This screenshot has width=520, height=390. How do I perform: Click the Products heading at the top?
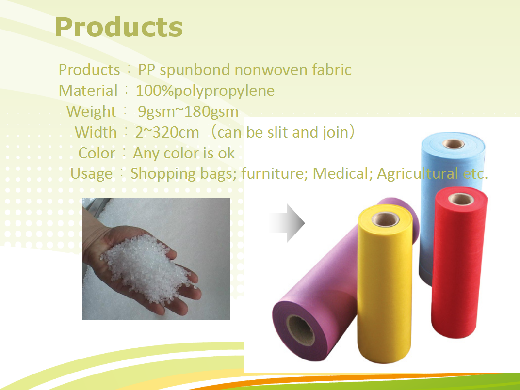coord(119,27)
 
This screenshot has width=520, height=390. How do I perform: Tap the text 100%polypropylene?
coord(205,91)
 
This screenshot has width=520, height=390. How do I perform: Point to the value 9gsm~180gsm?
coord(188,111)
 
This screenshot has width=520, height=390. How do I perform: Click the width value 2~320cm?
coord(167,133)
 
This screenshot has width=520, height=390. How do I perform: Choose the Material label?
coord(88,91)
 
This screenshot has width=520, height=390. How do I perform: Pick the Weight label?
coord(91,111)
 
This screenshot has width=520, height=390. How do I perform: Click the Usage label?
coord(92,173)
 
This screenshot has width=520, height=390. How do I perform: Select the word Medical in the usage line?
coord(341,173)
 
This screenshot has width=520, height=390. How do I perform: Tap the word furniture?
coord(272,173)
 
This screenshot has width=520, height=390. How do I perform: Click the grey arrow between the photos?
coord(287,223)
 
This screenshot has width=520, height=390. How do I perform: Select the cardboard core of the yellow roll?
coord(386,219)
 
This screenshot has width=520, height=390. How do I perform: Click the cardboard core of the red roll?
coord(461,199)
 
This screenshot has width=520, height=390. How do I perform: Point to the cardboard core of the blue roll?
coord(454,144)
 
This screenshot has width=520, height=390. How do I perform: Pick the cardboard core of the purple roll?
coord(300,330)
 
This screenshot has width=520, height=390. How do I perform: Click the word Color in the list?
coord(97,153)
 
